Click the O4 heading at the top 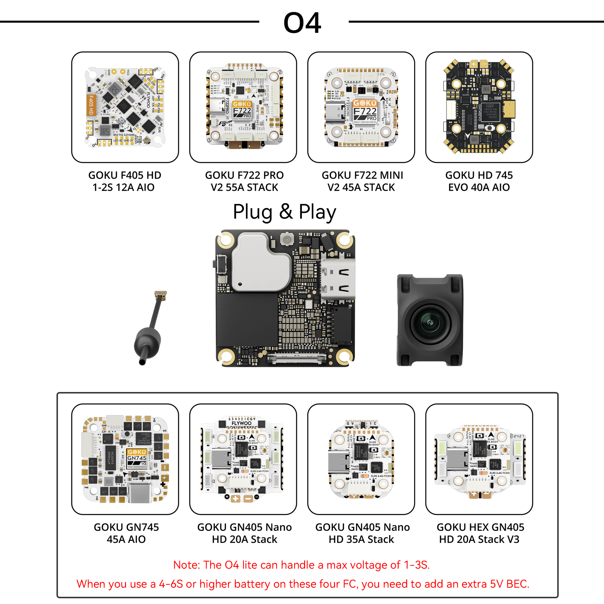pos(302,23)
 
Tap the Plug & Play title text pos(284,212)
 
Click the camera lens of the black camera pos(430,322)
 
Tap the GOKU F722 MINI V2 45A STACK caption pos(362,181)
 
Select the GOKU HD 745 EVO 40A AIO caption pos(479,181)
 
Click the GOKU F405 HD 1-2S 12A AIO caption pos(124,181)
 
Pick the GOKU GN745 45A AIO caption pos(126,533)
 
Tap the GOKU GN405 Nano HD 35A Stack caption pos(362,533)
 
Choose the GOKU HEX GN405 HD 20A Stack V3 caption pos(480,533)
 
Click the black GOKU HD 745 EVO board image pos(479,106)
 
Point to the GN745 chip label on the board pos(137,458)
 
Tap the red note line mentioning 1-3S pos(301,565)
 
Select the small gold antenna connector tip pos(161,294)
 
